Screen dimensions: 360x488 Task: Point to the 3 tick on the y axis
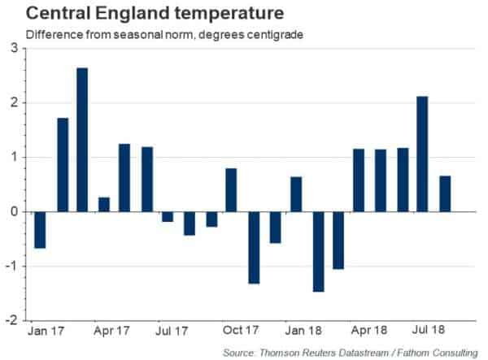click(14, 48)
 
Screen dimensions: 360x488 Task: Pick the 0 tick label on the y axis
click(14, 211)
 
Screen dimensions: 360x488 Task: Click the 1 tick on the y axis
click(14, 157)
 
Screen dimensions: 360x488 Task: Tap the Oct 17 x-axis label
click(241, 332)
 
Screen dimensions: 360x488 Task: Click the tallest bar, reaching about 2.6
click(82, 139)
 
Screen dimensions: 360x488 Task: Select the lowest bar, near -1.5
click(318, 251)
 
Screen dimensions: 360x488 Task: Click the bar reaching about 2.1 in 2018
click(422, 154)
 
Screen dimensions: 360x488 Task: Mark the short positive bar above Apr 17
click(103, 204)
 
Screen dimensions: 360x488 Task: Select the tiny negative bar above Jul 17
click(168, 216)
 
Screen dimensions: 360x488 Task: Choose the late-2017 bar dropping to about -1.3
click(253, 247)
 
